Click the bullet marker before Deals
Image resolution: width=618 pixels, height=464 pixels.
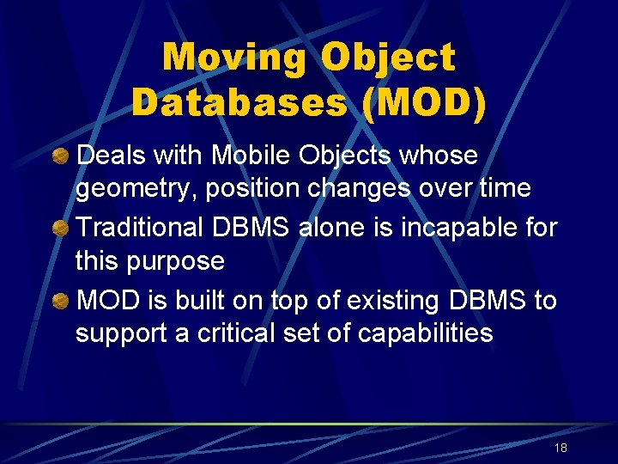click(x=62, y=157)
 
